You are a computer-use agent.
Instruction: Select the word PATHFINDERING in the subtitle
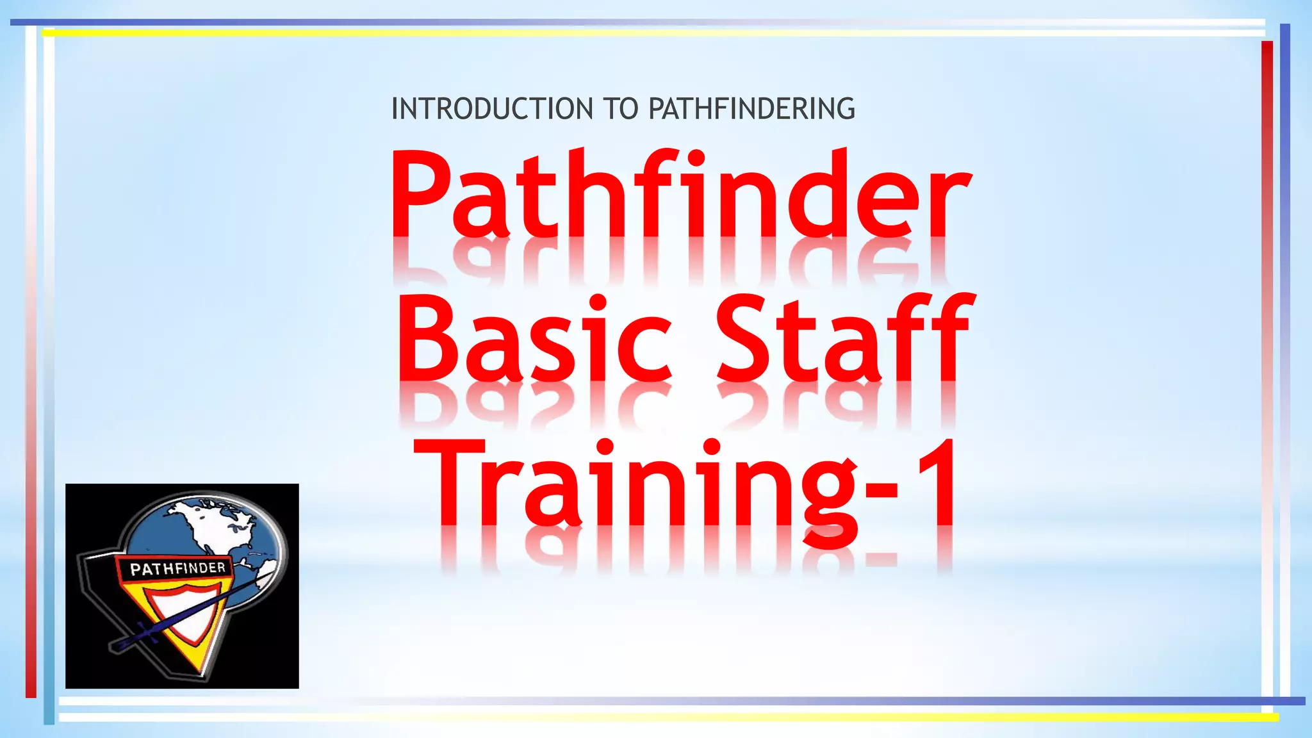pyautogui.click(x=751, y=109)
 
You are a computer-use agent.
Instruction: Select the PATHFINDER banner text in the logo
pyautogui.click(x=177, y=568)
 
